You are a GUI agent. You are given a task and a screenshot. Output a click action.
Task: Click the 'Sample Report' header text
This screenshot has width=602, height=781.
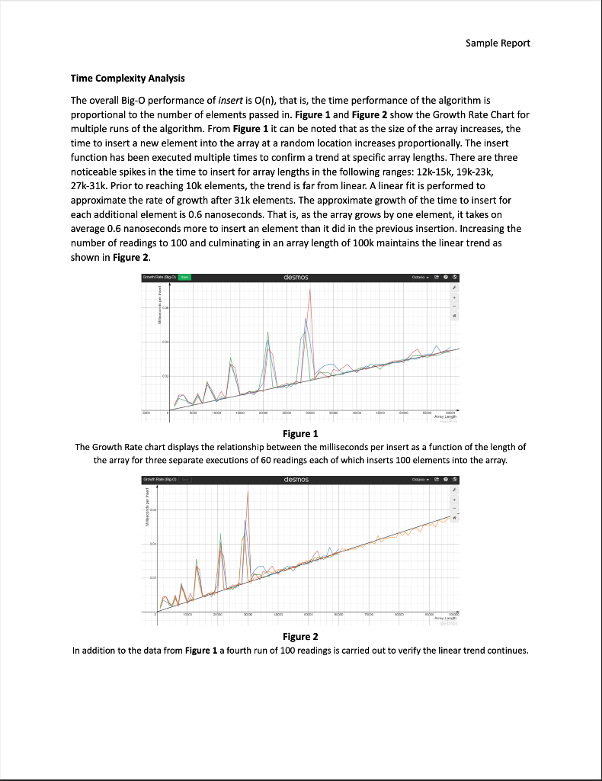click(498, 42)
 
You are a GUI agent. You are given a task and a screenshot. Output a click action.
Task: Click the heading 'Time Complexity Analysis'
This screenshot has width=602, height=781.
click(127, 79)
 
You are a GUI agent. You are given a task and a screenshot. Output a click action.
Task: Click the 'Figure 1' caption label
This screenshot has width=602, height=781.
click(300, 433)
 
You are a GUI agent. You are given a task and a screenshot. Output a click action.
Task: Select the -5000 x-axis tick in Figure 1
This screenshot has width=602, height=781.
click(146, 412)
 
